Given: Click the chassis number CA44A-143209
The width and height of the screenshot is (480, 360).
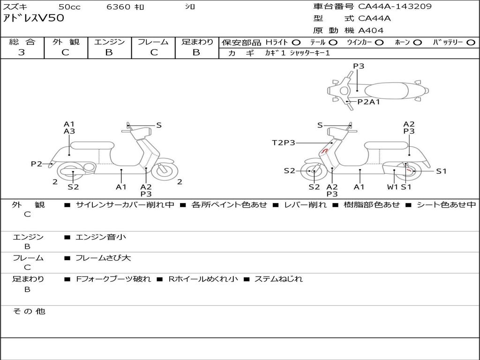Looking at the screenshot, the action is click(395, 7).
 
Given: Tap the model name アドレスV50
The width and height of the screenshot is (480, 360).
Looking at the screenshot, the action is click(34, 18).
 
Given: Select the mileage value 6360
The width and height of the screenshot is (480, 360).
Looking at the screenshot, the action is click(118, 7).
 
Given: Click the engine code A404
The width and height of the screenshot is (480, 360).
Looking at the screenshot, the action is click(371, 30).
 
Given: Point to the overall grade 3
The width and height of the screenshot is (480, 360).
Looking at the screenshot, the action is click(22, 52).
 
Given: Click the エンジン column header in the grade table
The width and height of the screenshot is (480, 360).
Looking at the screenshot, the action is click(109, 42).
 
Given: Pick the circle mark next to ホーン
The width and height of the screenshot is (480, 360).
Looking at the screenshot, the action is click(417, 43).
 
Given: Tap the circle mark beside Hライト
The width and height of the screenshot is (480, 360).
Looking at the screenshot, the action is click(296, 43).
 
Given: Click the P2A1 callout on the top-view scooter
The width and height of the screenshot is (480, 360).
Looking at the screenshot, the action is click(369, 102).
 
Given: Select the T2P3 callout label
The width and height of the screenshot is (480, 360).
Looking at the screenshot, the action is click(284, 142).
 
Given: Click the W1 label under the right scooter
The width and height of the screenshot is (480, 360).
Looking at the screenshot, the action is click(392, 187).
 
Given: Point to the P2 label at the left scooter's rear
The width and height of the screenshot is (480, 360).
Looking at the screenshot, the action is click(37, 164).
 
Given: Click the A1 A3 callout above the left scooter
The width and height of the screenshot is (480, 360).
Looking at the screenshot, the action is click(69, 127).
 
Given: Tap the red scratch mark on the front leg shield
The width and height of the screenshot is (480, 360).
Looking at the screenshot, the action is click(325, 150).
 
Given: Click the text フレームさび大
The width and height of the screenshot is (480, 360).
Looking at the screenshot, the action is click(103, 258).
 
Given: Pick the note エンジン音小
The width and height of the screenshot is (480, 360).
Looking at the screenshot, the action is click(100, 237).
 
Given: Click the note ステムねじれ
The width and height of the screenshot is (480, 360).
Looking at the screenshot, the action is click(278, 279).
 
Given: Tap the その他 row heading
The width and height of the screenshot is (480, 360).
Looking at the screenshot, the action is click(29, 311).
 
